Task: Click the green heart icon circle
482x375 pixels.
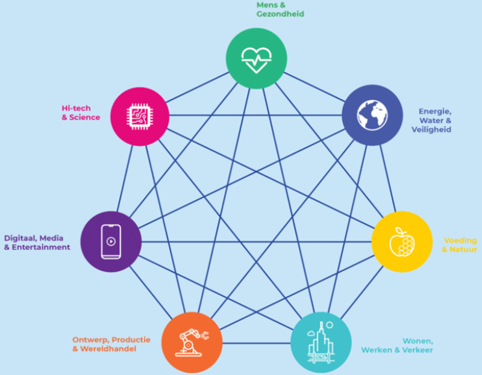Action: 257,58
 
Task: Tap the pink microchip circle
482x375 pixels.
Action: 140,116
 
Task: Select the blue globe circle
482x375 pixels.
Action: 372,115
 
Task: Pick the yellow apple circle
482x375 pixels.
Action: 402,242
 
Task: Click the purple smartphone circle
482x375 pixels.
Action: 111,242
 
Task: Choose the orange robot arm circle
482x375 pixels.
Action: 192,342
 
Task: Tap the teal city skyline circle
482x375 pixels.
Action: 321,342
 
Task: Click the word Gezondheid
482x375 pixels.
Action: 280,14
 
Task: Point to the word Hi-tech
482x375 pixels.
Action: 77,108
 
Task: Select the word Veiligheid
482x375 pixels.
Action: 431,129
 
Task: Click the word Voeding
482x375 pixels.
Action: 460,240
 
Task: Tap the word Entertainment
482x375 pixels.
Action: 41,247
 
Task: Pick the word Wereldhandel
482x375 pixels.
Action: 108,349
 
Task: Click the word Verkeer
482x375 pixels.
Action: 418,350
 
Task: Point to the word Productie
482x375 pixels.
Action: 131,339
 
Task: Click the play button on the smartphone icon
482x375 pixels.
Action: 111,241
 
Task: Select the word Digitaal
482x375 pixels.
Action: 20,238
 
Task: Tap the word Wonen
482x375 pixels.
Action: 418,341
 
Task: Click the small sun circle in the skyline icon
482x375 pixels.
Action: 330,324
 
